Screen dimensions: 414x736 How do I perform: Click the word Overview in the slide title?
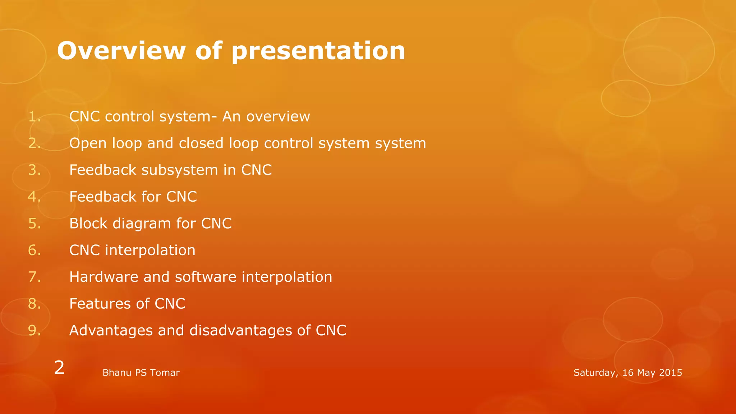[x=121, y=51]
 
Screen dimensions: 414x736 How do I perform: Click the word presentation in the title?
[x=318, y=51]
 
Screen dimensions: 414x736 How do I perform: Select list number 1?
[x=34, y=116]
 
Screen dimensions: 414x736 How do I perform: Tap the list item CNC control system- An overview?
[x=189, y=116]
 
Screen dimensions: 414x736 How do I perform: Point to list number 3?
[x=34, y=170]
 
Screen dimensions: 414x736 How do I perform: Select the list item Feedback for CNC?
[x=133, y=197]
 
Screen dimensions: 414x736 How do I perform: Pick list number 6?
[x=34, y=250]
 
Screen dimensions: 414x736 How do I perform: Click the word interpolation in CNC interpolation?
[x=150, y=250]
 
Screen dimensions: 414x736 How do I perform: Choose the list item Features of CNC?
[x=127, y=304]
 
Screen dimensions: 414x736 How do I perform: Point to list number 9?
[x=34, y=330]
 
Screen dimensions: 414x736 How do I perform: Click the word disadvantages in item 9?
[x=240, y=330]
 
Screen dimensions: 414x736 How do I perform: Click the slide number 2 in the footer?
[x=59, y=368]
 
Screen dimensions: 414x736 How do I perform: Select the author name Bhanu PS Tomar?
[x=141, y=373]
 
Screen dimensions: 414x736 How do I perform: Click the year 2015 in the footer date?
[x=671, y=373]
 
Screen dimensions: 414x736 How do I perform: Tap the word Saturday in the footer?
[x=595, y=373]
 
